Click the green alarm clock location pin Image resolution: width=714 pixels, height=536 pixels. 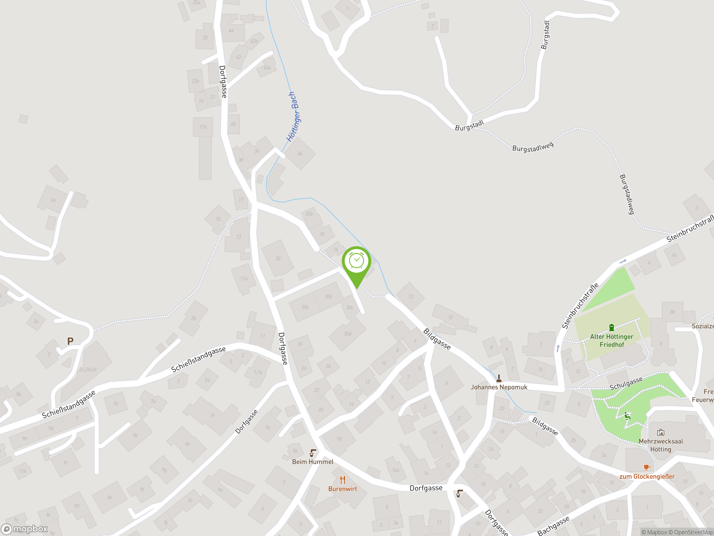pyautogui.click(x=356, y=262)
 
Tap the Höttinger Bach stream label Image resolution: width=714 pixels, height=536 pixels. pyautogui.click(x=293, y=117)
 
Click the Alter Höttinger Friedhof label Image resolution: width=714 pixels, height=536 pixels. pyautogui.click(x=611, y=341)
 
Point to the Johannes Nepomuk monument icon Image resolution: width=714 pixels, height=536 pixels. pyautogui.click(x=499, y=378)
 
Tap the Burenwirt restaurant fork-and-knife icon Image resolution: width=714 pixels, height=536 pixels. pyautogui.click(x=342, y=480)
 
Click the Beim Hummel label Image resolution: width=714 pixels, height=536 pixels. pyautogui.click(x=312, y=462)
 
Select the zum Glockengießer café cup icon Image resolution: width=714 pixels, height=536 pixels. pyautogui.click(x=647, y=467)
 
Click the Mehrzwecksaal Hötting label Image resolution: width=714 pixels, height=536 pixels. pyautogui.click(x=660, y=445)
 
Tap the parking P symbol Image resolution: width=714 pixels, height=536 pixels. pyautogui.click(x=70, y=341)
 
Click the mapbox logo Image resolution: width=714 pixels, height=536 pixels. pyautogui.click(x=25, y=529)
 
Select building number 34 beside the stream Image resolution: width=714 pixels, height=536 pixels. pyautogui.click(x=300, y=154)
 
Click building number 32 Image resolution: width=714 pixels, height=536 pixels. pyautogui.click(x=278, y=259)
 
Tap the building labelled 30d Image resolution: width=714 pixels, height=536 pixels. pyautogui.click(x=347, y=334)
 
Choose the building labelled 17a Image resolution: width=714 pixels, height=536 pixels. pyautogui.click(x=203, y=127)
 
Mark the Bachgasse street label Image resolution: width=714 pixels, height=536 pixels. pyautogui.click(x=553, y=526)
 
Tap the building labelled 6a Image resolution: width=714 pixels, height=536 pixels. pyautogui.click(x=53, y=200)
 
